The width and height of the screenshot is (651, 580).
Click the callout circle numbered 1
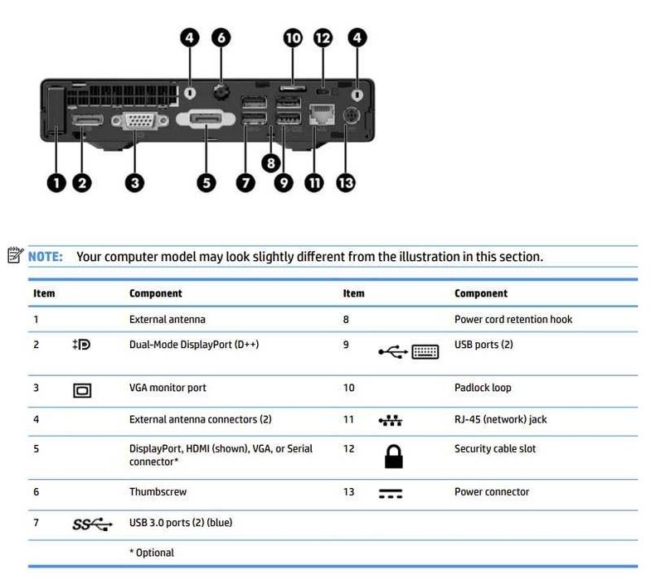[x=56, y=182]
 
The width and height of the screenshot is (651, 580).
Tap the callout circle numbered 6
[x=221, y=37]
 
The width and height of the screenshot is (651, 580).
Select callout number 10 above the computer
[x=293, y=37]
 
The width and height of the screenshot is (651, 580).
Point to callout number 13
[x=346, y=182]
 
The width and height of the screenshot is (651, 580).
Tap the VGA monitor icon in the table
[x=82, y=389]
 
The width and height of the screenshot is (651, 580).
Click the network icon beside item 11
[x=390, y=421]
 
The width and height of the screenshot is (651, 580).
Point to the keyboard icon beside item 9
[x=425, y=352]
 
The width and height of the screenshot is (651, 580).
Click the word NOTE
[x=46, y=257]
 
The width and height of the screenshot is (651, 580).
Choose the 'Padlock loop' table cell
[x=483, y=388]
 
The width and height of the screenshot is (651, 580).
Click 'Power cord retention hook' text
[x=513, y=319]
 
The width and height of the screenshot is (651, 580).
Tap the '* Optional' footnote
[x=152, y=552]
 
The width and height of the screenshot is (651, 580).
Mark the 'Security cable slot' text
[x=495, y=448]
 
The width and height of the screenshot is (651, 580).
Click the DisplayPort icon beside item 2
[x=81, y=344]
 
